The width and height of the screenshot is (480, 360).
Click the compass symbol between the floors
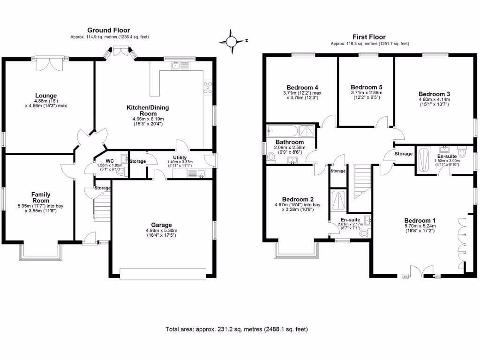tap(232, 41)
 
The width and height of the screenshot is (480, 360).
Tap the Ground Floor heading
tap(109, 30)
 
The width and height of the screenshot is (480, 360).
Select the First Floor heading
tap(369, 37)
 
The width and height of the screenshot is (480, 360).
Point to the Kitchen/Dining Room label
tap(148, 111)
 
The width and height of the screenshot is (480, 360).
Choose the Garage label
tap(161, 225)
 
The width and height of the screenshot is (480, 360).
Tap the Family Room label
tap(41, 198)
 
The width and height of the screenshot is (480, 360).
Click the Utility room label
tap(180, 157)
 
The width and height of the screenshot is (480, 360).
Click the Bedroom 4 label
tap(302, 87)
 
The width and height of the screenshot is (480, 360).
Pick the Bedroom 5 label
tap(367, 87)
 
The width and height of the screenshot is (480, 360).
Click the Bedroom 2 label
tap(297, 199)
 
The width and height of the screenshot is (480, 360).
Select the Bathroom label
tap(290, 142)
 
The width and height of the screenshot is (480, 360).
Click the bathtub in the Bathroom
tap(282, 130)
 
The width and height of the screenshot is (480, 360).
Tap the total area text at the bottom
tap(237, 330)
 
